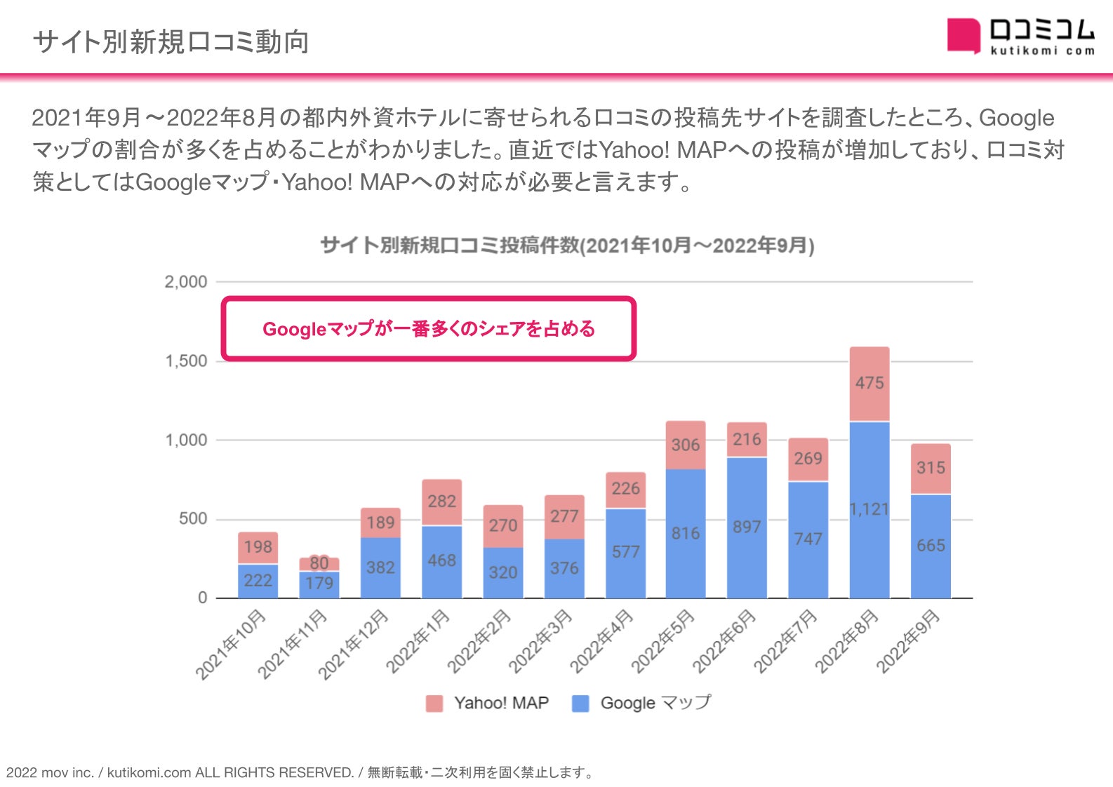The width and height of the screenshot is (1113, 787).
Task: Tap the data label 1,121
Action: (869, 509)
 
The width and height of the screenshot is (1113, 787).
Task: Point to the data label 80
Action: (319, 563)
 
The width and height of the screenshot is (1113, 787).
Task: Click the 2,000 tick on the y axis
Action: (186, 282)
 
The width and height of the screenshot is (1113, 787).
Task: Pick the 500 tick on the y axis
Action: (193, 519)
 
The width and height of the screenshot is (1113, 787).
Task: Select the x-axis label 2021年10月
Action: (231, 645)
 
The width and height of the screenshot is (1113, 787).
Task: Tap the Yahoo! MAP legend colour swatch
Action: (434, 704)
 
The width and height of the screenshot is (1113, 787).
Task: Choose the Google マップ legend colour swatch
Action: (580, 704)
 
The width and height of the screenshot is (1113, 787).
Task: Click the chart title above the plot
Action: (567, 245)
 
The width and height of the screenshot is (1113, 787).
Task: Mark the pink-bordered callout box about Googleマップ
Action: (429, 329)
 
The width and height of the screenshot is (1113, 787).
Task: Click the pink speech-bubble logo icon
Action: (963, 35)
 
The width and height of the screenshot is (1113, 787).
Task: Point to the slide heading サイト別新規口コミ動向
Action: (171, 42)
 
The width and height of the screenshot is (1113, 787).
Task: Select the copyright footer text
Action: (300, 772)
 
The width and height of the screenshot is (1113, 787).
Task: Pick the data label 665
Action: (931, 545)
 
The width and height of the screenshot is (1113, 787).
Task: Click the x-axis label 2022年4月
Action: (601, 642)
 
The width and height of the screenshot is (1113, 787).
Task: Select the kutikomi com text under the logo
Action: (1042, 51)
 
